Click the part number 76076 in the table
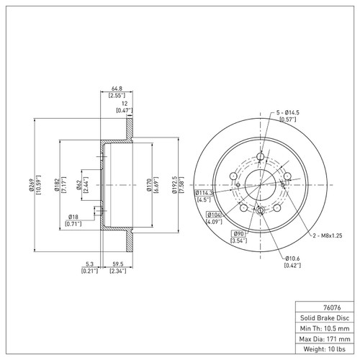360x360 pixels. click(x=332, y=307)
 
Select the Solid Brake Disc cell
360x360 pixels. click(x=325, y=318)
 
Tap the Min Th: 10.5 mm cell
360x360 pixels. click(x=325, y=328)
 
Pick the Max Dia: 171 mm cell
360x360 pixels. click(x=325, y=338)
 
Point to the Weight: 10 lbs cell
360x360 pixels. click(x=325, y=349)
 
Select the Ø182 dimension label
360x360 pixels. click(x=57, y=185)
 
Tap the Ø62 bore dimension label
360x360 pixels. click(x=79, y=185)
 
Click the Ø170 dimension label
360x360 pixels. click(x=149, y=185)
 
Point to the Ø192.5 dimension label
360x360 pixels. click(x=174, y=185)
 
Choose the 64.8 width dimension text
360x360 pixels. click(x=117, y=89)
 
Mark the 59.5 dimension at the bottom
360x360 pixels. click(x=118, y=264)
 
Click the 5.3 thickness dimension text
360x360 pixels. click(x=89, y=264)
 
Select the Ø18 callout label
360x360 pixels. click(x=73, y=217)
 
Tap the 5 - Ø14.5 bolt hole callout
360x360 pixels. click(x=288, y=112)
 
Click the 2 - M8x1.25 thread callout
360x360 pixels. click(x=328, y=235)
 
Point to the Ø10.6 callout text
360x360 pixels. click(x=292, y=258)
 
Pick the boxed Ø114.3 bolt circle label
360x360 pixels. click(x=204, y=193)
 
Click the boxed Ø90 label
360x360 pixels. click(x=238, y=234)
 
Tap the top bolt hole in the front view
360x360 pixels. click(x=261, y=157)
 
